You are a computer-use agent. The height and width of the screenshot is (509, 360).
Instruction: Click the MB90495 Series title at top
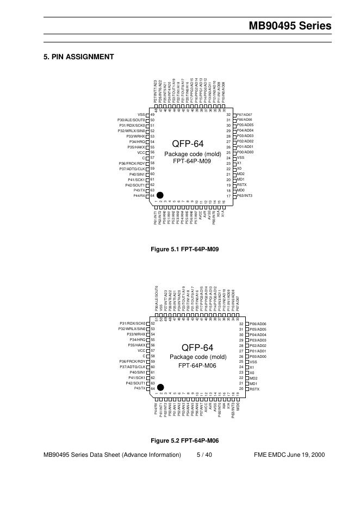(290, 26)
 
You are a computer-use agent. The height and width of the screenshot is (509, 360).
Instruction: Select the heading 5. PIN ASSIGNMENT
(78, 57)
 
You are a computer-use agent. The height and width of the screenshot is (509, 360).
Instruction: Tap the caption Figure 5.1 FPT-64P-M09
(184, 249)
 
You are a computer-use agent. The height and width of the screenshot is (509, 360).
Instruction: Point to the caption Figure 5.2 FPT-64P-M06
(184, 440)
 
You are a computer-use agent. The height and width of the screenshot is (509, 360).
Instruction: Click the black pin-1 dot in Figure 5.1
(160, 195)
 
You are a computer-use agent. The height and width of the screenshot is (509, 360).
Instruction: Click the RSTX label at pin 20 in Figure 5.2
(255, 389)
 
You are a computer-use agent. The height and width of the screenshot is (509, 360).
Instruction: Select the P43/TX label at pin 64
(140, 388)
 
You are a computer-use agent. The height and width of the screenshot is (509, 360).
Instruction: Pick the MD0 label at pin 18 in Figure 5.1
(240, 190)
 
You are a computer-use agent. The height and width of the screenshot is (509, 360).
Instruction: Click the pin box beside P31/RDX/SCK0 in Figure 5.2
(148, 324)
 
